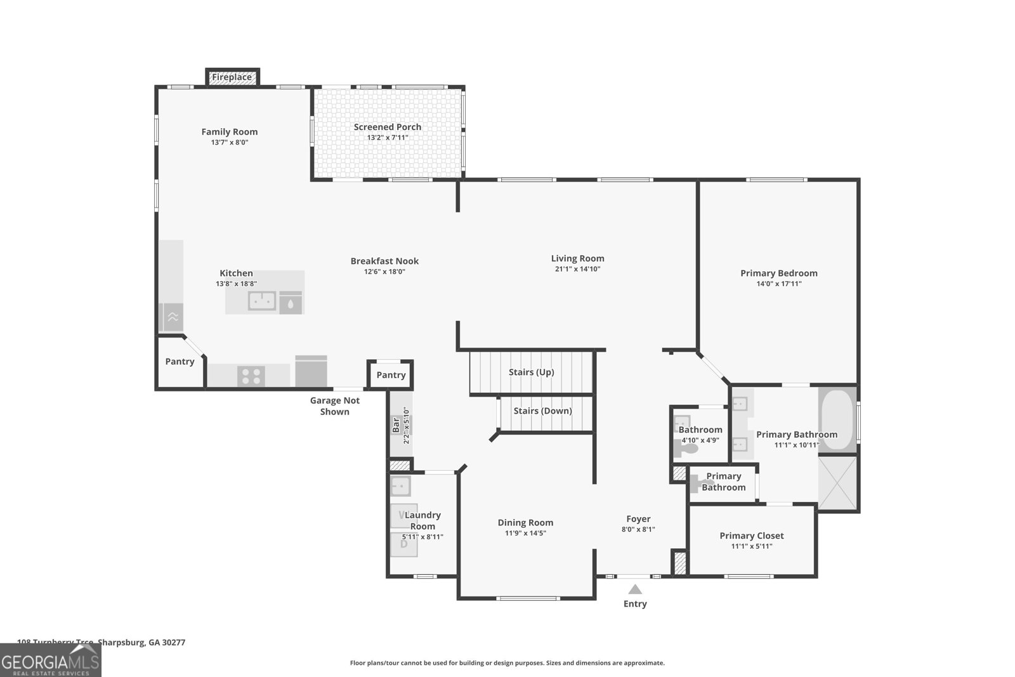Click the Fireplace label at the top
tap(232, 77)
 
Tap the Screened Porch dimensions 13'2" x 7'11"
tap(387, 138)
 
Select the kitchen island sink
tap(261, 301)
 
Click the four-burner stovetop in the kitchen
tap(251, 376)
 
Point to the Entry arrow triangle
tap(635, 589)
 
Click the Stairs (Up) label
tap(531, 372)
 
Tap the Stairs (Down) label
tap(542, 411)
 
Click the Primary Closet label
tap(751, 536)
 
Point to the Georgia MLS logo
tap(50, 661)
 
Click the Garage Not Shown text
tap(334, 406)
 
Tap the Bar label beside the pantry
tap(396, 424)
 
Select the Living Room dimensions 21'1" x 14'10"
tap(577, 269)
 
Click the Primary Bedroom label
tap(778, 273)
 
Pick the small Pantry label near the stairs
tap(391, 375)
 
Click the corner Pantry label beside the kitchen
tap(180, 362)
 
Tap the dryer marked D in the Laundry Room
tap(403, 544)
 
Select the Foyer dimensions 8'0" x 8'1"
tap(638, 529)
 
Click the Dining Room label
tap(525, 523)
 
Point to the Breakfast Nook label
tap(384, 261)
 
